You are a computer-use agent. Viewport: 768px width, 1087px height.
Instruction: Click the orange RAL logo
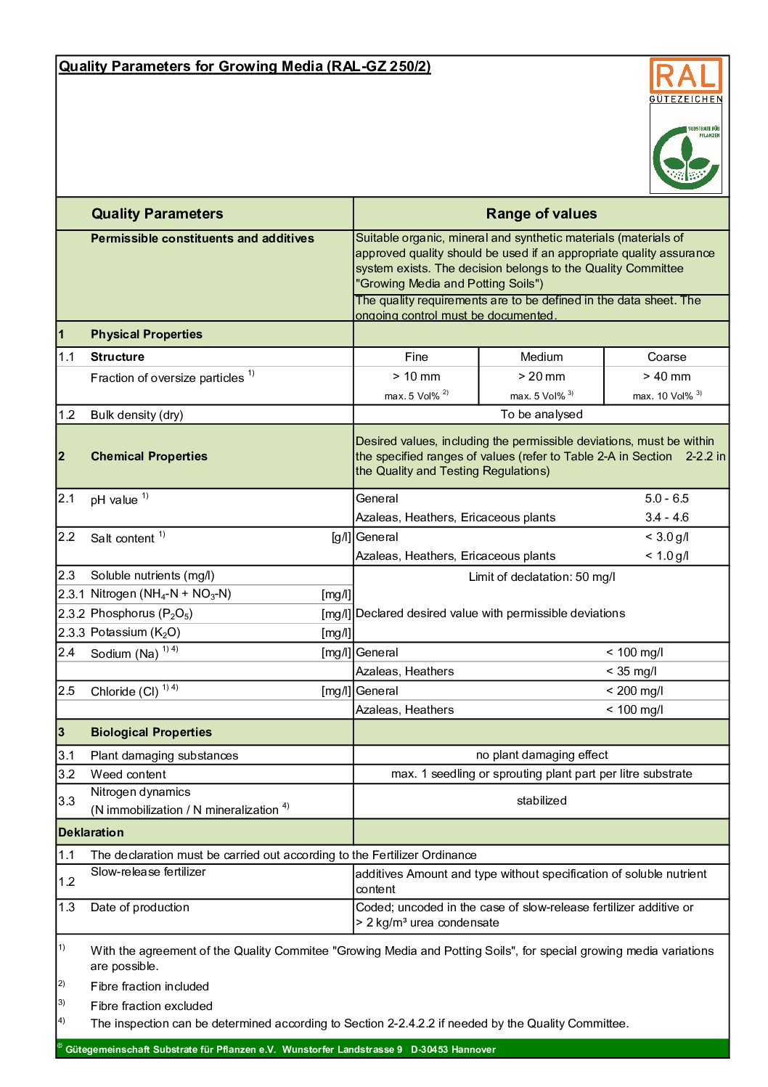point(685,76)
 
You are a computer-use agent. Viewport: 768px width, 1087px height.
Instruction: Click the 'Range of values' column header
point(541,213)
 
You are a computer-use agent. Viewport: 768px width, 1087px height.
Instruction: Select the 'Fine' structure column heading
point(416,357)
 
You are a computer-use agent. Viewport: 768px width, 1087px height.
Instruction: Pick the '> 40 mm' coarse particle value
point(666,376)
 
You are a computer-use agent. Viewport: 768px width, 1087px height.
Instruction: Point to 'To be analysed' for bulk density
point(541,414)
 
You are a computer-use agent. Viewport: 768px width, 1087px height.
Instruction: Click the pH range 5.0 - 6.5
point(666,498)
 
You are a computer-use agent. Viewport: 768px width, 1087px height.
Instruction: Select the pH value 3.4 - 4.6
point(666,517)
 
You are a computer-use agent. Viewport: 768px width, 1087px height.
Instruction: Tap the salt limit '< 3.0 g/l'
point(666,537)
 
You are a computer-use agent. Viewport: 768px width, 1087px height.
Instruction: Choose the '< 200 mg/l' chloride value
point(634,691)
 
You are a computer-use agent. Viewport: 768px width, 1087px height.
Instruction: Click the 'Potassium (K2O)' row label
point(135,632)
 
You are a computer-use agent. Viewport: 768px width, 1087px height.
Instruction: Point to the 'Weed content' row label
point(128,774)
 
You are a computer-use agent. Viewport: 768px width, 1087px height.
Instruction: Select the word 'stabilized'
point(541,800)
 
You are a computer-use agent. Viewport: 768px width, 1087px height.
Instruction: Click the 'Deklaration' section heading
point(91,832)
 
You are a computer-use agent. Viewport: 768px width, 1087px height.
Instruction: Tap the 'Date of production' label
point(139,907)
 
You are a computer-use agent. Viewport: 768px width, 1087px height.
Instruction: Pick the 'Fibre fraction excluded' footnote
point(151,1006)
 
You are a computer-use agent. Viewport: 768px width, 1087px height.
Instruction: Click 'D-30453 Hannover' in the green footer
point(453,1049)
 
